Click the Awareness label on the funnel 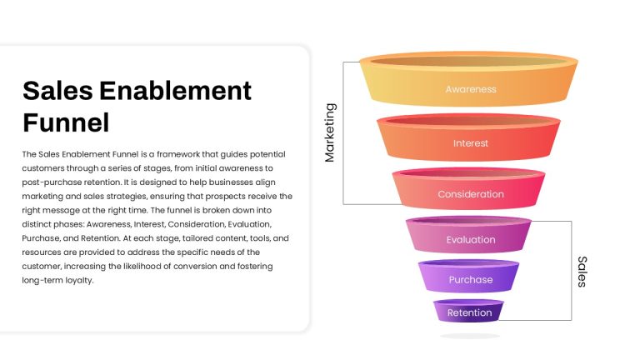point(471,89)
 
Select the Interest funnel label point(471,143)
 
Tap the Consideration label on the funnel point(471,194)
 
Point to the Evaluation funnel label point(471,240)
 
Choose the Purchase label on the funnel point(471,280)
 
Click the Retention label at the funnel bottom point(469,312)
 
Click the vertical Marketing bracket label point(330,132)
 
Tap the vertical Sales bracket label point(582,272)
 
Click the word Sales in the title point(58,91)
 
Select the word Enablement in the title point(176,91)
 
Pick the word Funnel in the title point(66,122)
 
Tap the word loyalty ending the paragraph point(80,280)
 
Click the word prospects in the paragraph point(225,197)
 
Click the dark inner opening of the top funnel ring point(468,61)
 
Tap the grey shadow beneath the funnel point(470,336)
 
